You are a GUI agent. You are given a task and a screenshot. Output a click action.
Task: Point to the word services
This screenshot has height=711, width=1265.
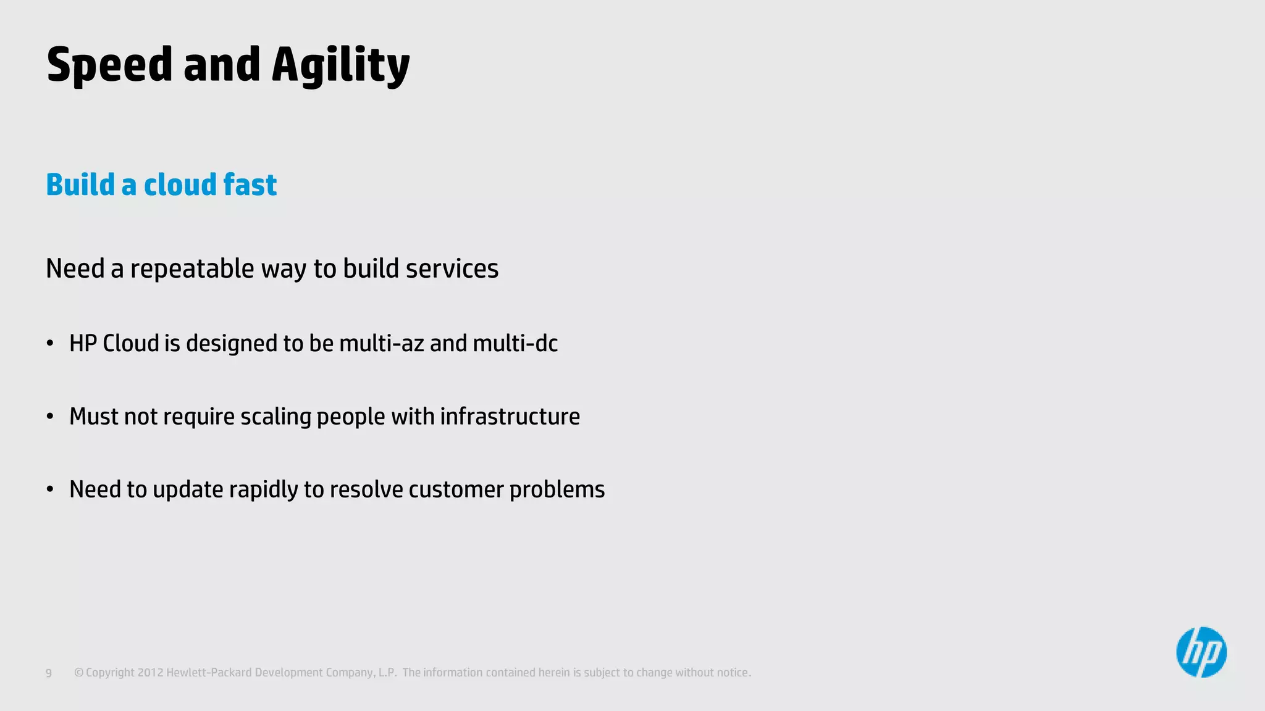(452, 269)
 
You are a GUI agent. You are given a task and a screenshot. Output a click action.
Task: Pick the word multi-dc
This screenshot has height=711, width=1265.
(515, 344)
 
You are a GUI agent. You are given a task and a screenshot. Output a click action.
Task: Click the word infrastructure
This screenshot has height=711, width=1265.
(510, 417)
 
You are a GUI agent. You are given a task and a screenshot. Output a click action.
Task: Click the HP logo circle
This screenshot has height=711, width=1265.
(1201, 652)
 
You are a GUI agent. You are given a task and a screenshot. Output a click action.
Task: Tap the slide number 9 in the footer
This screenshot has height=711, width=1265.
(49, 673)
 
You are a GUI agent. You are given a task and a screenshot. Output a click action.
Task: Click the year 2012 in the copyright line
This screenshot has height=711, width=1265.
(150, 673)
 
